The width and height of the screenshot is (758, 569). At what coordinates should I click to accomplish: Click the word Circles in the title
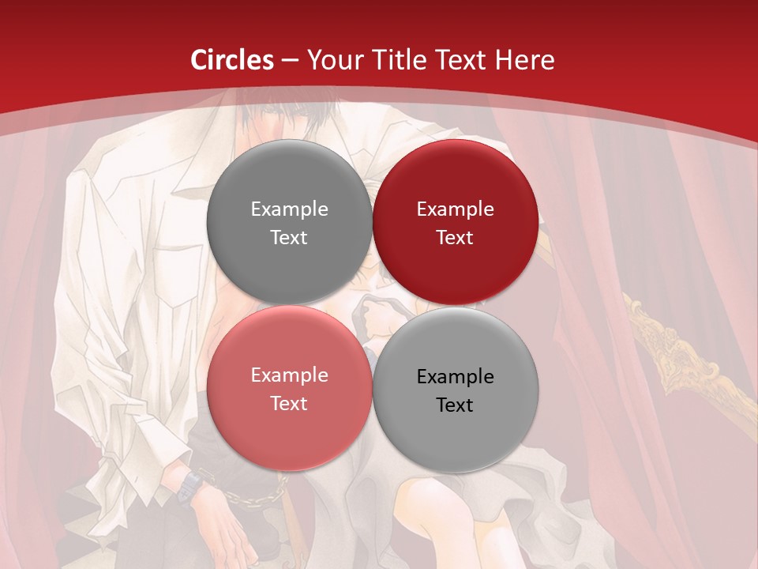pos(232,60)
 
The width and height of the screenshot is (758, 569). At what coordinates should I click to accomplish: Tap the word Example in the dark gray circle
pos(289,209)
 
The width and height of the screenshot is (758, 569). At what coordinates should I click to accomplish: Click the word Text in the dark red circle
pos(455,238)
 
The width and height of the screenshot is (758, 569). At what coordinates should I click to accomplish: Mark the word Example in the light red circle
pos(289,375)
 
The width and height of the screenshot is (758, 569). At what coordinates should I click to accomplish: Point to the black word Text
pos(455,405)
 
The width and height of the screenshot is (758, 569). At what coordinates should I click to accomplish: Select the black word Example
pos(455,377)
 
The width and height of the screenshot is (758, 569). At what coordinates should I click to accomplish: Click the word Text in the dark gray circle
pos(289,238)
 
